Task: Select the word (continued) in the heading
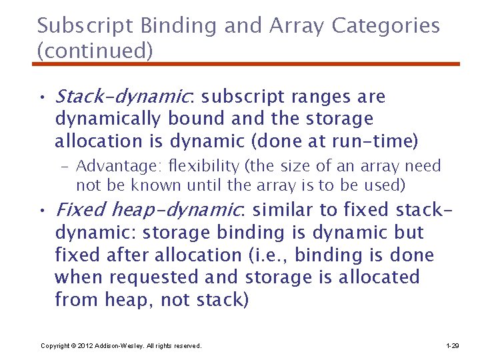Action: pos(95,50)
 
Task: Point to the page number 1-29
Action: pos(452,346)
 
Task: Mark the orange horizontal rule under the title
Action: pos(246,64)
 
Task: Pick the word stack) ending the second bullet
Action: pos(222,300)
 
